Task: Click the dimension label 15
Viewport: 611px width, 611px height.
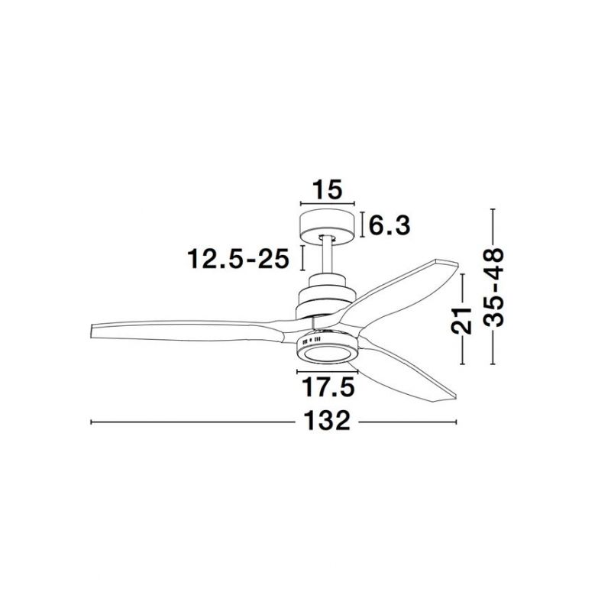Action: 327,189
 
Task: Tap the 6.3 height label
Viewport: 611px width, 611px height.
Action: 390,225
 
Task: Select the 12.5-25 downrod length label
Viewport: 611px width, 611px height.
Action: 238,258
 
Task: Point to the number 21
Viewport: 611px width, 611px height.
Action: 461,320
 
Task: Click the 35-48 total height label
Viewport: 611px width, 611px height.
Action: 493,286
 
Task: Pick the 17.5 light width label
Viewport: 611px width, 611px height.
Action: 328,387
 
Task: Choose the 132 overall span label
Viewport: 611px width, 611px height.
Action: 327,422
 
